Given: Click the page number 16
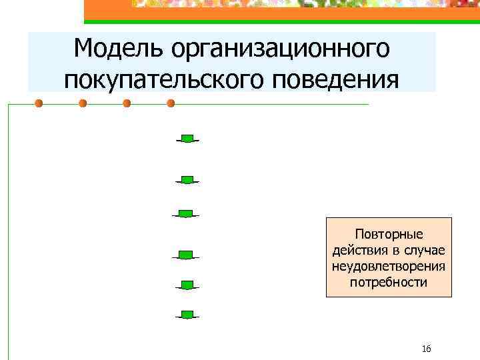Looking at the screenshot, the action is click(427, 349).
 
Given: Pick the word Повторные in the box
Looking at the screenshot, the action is click(389, 235).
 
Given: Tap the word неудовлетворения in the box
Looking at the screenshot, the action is click(389, 267).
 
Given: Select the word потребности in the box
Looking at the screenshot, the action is click(389, 282).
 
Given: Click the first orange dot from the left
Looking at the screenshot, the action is click(39, 103).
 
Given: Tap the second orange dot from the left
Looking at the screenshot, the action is click(83, 103).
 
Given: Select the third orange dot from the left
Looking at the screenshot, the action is click(127, 103).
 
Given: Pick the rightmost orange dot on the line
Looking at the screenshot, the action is click(171, 103).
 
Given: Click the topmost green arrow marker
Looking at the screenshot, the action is click(189, 139).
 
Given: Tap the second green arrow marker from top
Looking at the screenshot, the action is click(188, 180).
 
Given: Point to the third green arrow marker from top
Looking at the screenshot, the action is click(186, 214).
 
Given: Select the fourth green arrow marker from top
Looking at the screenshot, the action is click(186, 255).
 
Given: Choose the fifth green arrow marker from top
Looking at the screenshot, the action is click(188, 285).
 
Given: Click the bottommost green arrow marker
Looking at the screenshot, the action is click(188, 315).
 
